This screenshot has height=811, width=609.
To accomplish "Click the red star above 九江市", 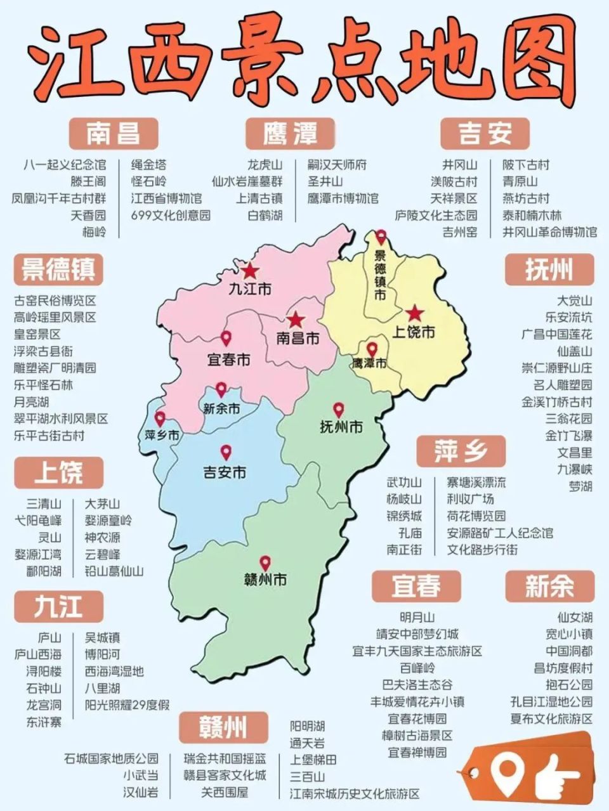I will coord(251,271).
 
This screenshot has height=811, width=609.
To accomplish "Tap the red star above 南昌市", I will coord(296,320).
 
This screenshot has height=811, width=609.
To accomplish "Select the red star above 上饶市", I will coord(414,313).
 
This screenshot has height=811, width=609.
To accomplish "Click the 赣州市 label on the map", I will coord(265,579).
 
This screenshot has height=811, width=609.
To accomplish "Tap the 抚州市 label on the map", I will coord(341,427).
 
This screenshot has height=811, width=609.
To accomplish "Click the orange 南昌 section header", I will coord(114,133).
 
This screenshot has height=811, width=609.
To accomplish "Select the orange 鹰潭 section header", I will coord(290,133).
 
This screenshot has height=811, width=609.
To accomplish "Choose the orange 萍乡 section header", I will coord(461,451).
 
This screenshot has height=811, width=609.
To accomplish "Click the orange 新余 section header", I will coord(549,585).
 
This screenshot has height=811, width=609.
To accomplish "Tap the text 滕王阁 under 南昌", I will coord(88,181).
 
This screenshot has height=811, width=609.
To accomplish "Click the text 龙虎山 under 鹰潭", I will coord(265,165).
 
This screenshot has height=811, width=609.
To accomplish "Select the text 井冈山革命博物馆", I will coord(549,232).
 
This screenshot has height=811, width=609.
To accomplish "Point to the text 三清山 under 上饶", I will coord(44,503).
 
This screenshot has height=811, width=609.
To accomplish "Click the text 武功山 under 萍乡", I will coord(404,483).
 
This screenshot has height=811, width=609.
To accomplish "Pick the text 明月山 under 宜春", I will coord(417,617).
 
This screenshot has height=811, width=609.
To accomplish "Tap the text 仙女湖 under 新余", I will coord(575,617).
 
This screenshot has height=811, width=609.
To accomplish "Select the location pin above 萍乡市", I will coord(160,418).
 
